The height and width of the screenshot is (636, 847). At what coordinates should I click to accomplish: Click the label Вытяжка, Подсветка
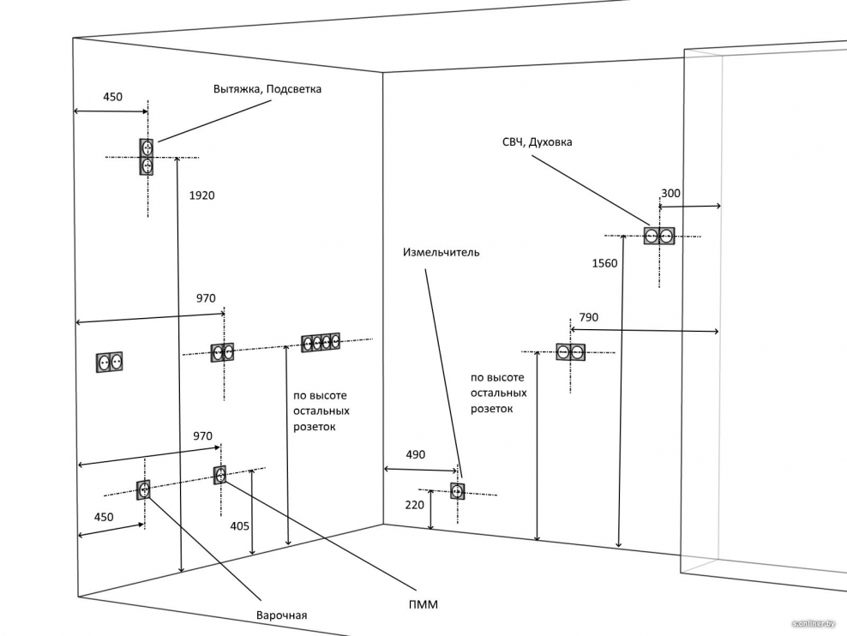pos(267,89)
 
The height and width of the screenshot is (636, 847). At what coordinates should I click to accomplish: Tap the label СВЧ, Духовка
pos(537,142)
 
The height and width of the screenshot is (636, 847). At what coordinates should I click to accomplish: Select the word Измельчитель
pos(442,253)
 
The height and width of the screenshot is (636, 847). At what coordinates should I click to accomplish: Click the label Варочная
pos(281,615)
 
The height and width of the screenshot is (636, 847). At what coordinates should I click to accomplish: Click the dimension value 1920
pos(201,195)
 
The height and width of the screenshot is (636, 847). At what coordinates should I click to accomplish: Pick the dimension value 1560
pos(604,263)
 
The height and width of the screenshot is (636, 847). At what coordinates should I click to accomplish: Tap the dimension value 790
pos(589,317)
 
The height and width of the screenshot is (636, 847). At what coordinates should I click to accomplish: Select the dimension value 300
pos(670,194)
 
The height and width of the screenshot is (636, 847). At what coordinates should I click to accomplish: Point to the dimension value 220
pos(414,505)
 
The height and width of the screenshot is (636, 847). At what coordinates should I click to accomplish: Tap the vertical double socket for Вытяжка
pos(147,157)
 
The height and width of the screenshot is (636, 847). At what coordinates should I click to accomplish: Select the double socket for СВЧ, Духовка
pos(659,236)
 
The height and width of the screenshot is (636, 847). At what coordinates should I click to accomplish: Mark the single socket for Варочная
pos(144,489)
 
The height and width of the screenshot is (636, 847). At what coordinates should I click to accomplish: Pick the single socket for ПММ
pos(220,473)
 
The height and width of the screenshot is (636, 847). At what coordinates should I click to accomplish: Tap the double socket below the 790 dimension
pos(570,351)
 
